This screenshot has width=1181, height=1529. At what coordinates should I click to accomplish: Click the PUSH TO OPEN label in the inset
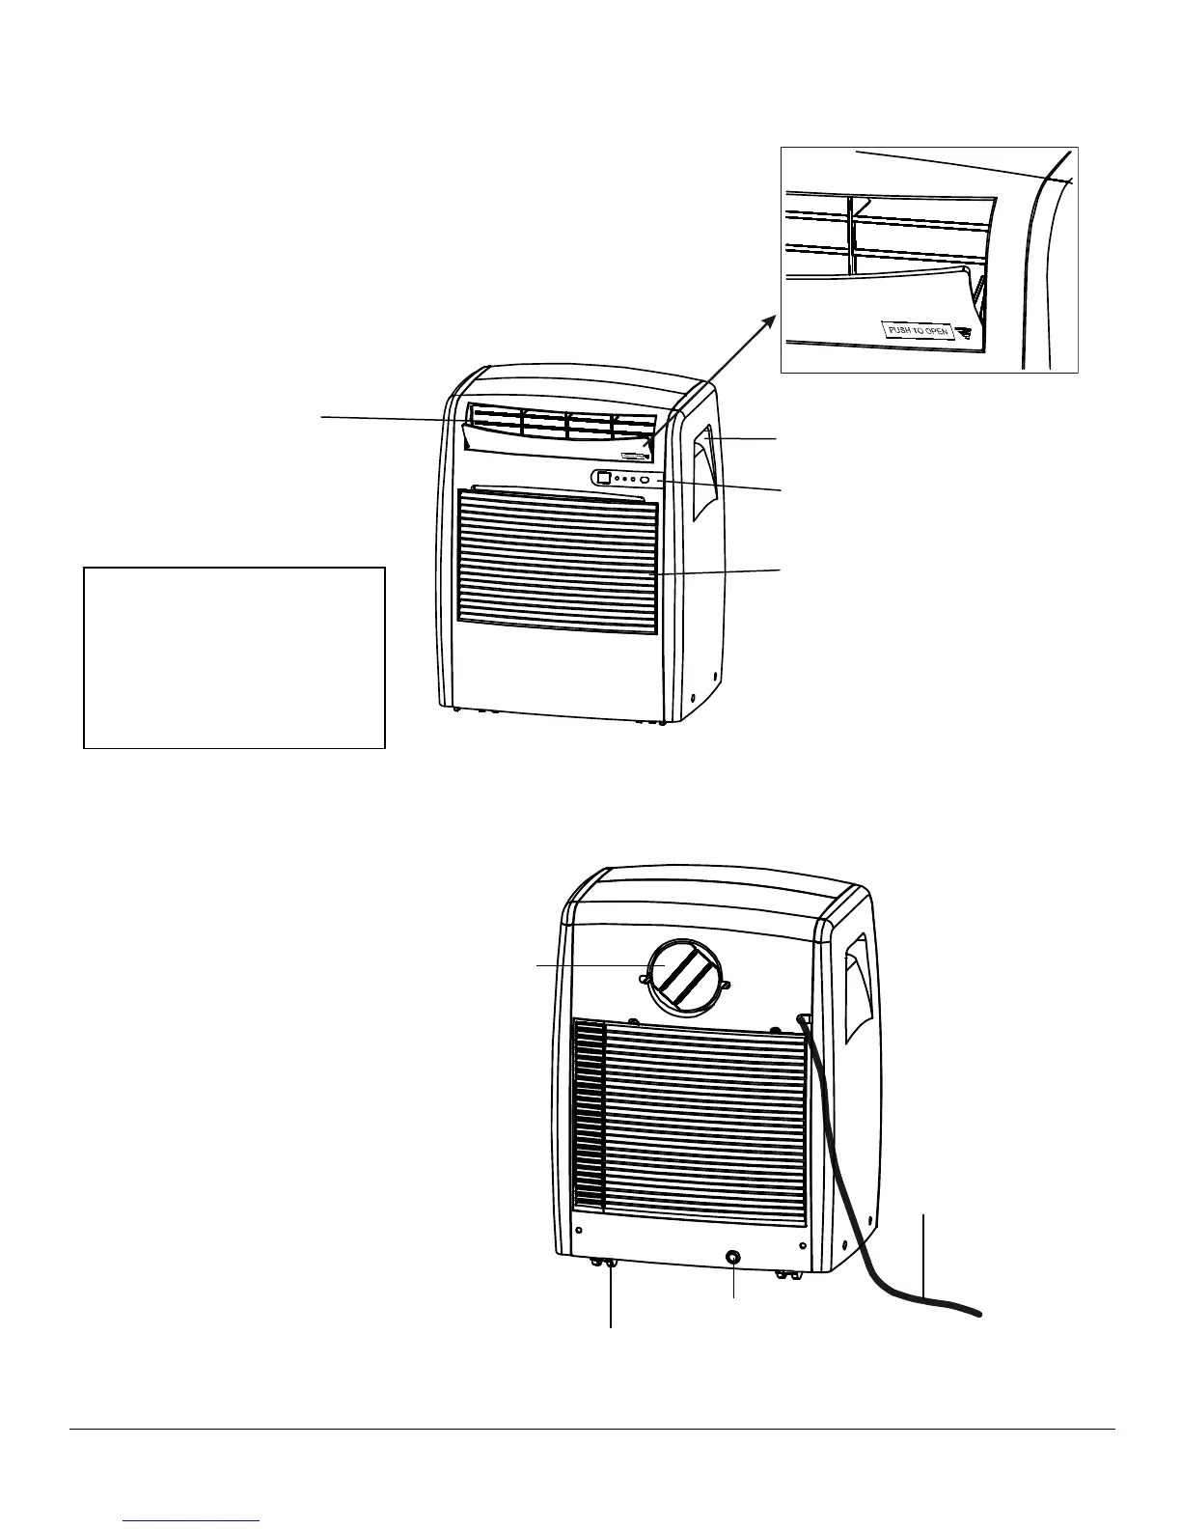click(917, 331)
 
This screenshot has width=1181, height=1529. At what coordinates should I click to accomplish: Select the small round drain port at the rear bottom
click(733, 1258)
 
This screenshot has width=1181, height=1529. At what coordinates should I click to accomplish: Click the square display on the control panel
click(602, 478)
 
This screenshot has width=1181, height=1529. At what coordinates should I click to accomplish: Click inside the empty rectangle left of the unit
click(234, 656)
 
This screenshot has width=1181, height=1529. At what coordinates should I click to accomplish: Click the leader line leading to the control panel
click(724, 486)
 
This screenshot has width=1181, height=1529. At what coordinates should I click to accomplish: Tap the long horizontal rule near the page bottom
click(590, 1430)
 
